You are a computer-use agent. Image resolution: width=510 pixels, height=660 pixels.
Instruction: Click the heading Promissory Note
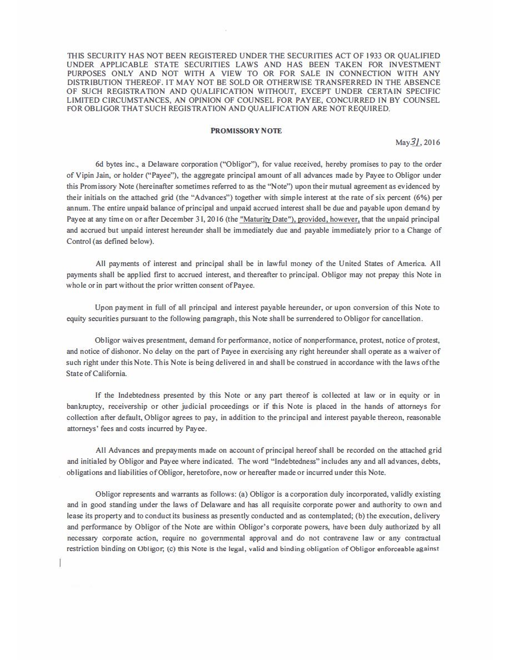[x=246, y=131]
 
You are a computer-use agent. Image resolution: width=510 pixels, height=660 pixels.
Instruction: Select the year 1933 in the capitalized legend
[x=377, y=56]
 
